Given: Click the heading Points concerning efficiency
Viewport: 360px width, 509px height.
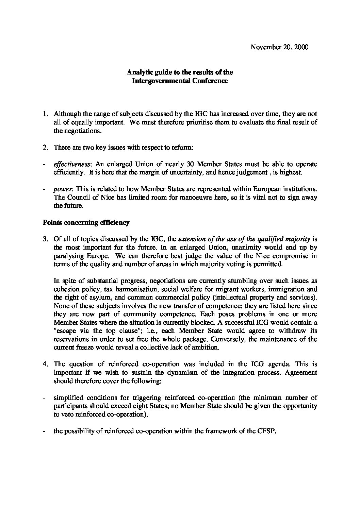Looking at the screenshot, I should (86, 223).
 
